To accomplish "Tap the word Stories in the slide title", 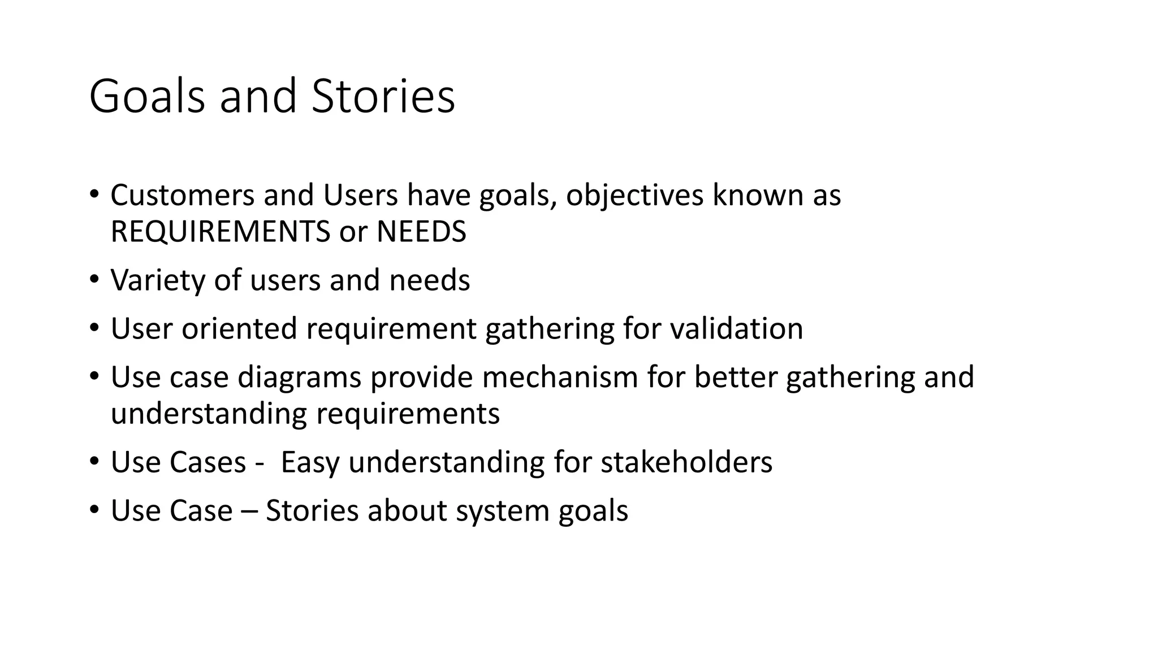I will click(383, 96).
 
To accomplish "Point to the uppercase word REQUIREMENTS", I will click(220, 231).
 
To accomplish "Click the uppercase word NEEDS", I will click(421, 231).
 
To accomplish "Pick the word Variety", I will click(158, 280).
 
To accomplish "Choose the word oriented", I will click(239, 328).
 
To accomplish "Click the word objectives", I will click(634, 195).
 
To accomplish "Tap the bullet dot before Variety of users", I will click(94, 280).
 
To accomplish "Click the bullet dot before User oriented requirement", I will click(94, 328).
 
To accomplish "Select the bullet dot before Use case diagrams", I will click(94, 376).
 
